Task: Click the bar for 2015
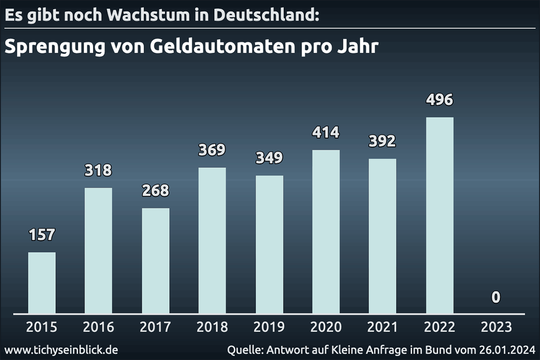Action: pos(42,283)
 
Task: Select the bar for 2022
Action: pos(440,215)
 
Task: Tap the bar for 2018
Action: pos(212,240)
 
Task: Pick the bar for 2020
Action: pos(326,231)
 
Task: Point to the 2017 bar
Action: pos(156,261)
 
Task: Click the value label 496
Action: pos(440,100)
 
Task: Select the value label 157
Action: pos(42,234)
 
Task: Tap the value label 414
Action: pos(326,132)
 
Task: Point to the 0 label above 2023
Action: pos(496,297)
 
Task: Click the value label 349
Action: pos(269,158)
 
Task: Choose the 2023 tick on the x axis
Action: pos(496,327)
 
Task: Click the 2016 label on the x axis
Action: pos(99,327)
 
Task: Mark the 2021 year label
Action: pos(382,327)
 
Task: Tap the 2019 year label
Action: pos(269,327)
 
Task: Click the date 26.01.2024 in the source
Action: pos(507,350)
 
